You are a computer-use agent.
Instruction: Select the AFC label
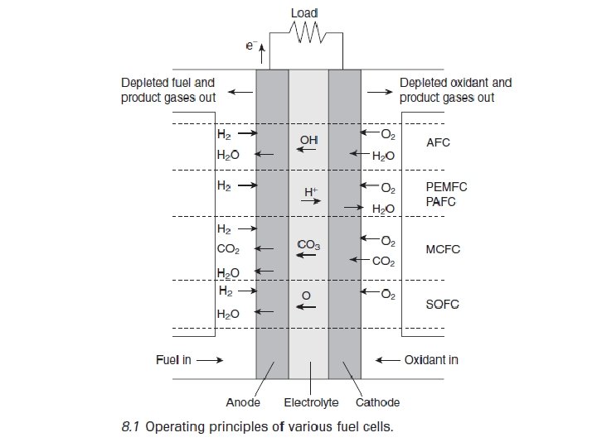tap(437, 142)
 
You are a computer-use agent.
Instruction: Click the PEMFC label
tap(442, 187)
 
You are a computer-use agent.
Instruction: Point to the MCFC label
tap(442, 249)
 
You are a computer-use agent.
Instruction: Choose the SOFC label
tap(442, 304)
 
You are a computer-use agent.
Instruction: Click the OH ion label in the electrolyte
tap(308, 140)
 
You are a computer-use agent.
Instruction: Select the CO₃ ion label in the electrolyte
tap(308, 245)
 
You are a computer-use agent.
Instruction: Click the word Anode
tap(243, 403)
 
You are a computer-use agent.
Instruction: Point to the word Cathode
tap(377, 403)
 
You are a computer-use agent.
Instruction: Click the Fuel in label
tap(173, 360)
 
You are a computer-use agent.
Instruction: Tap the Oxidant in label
tap(431, 360)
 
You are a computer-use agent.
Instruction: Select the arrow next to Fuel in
tap(210, 360)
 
